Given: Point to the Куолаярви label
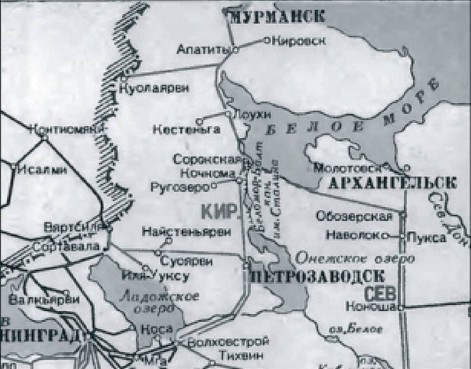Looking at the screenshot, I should (x=154, y=88).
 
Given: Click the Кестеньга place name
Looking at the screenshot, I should (x=178, y=129).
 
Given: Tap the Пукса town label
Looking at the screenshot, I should (x=427, y=237).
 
